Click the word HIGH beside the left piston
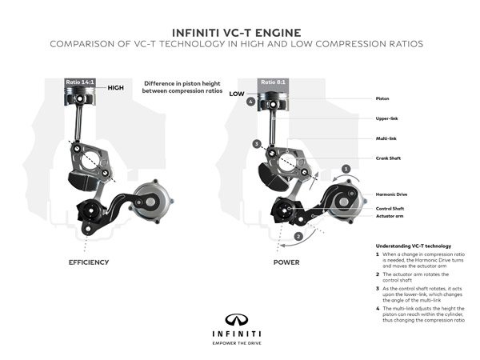(116, 88)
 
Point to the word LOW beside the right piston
(236, 94)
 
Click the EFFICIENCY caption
(89, 262)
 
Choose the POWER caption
(286, 262)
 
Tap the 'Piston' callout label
(382, 98)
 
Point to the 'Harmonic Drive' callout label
(391, 194)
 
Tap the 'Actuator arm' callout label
(389, 216)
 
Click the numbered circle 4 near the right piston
(251, 102)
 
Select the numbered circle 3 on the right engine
(255, 144)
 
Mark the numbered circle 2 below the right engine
(298, 237)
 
